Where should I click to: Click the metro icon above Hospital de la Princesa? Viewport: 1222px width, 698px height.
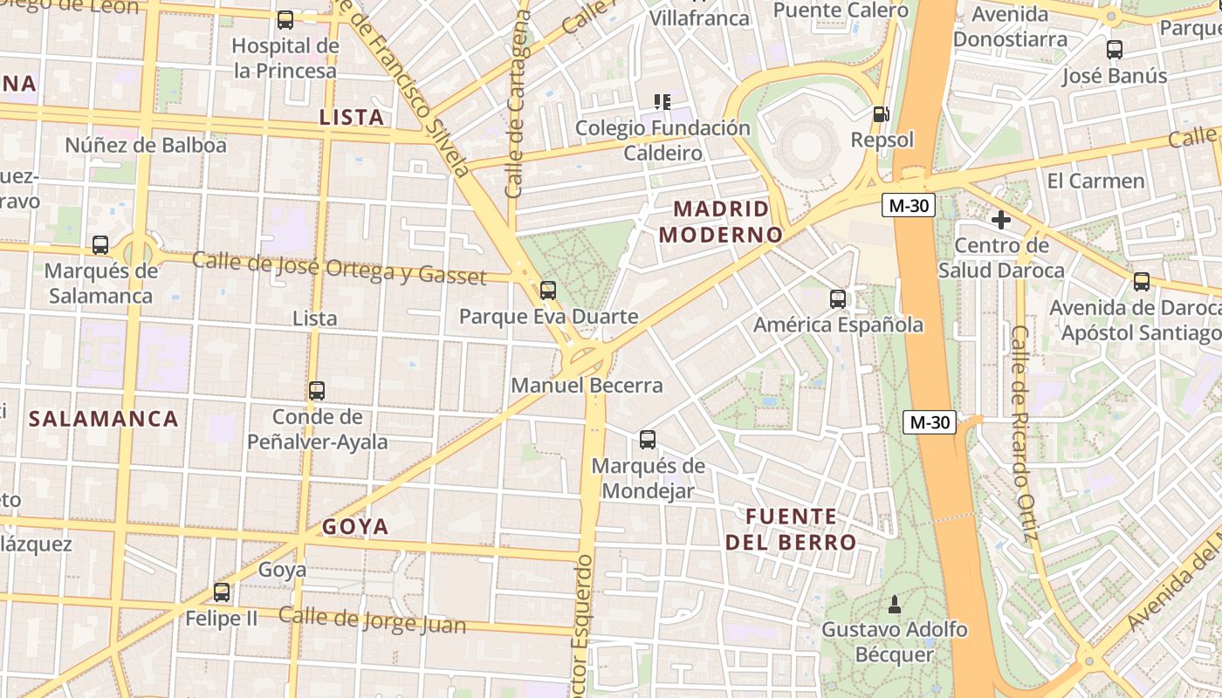pos(285,20)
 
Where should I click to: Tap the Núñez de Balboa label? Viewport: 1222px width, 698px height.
pos(146,145)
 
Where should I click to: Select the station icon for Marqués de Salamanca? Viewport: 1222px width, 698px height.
pos(100,245)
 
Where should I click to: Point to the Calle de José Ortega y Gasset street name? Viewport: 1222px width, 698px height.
pos(339,268)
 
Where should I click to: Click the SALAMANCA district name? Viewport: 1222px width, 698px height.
pos(104,419)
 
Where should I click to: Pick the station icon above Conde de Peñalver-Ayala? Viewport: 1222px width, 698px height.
pos(317,391)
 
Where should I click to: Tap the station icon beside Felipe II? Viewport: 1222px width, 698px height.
pos(222,592)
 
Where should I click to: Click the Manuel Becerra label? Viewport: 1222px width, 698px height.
pos(587,385)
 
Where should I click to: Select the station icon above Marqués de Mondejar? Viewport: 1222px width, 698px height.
pos(648,440)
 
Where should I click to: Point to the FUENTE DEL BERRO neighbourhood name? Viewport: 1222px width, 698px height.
pos(791,530)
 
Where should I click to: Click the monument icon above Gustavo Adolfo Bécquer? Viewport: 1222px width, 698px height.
pos(894,604)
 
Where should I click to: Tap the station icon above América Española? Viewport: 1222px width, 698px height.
pos(838,299)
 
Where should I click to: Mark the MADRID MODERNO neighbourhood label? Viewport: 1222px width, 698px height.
pos(721,222)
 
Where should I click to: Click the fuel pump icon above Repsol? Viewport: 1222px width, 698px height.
pos(882,114)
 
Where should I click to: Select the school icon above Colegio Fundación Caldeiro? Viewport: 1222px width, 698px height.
pos(662,102)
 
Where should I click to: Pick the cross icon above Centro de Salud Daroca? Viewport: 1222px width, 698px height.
pos(1001,220)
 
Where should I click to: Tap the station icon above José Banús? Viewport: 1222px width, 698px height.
pos(1115,50)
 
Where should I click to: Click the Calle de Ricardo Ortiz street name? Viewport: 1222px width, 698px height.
pos(1023,433)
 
